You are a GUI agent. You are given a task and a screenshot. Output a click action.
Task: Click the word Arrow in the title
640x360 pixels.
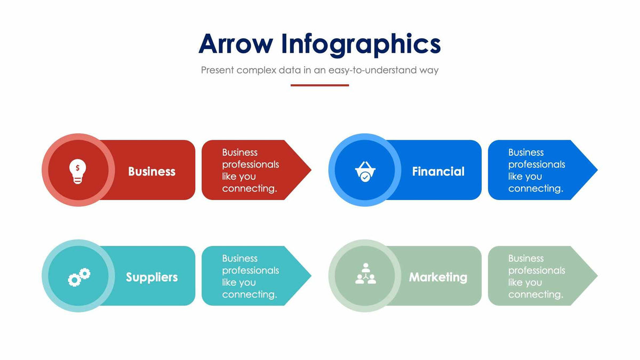235,44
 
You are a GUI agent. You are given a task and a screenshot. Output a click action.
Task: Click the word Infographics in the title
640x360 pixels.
361,44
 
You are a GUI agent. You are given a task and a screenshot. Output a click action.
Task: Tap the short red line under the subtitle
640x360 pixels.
319,85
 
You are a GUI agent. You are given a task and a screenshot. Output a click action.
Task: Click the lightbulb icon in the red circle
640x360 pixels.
78,171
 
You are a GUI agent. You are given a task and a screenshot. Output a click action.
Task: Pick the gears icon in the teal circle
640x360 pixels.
78,277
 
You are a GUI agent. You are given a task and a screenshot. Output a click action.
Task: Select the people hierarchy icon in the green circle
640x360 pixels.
365,274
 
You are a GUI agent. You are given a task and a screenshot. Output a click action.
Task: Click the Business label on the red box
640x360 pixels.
151,171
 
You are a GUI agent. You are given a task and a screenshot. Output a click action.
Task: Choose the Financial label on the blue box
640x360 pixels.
438,171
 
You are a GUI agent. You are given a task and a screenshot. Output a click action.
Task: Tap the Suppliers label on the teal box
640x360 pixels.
151,277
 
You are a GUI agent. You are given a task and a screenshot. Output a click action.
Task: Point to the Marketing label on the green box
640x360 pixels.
438,277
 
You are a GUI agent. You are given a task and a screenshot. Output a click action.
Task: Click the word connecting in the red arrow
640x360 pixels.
249,189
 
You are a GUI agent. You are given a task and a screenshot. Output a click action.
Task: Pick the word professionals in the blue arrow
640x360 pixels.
537,165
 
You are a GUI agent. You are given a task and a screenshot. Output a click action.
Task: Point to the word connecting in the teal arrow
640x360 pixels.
249,294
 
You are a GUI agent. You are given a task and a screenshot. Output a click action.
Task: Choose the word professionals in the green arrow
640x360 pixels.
537,270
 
